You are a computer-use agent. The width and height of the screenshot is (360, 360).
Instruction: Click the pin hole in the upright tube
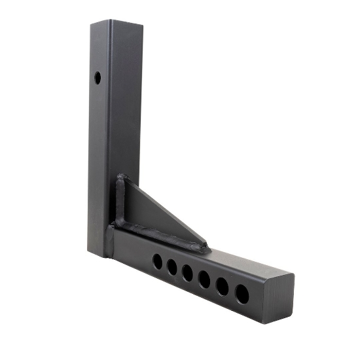(x=98, y=77)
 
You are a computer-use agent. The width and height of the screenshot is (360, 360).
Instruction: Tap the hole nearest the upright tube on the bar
(x=158, y=261)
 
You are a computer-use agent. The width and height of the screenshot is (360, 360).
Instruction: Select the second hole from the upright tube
(x=173, y=267)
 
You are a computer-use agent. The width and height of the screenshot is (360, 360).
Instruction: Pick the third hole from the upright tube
(x=188, y=273)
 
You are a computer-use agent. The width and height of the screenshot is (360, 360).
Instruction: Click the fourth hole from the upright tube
(x=204, y=279)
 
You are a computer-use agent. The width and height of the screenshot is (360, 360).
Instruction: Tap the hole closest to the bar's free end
(x=242, y=293)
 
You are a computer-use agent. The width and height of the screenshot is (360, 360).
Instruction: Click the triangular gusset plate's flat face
(x=147, y=209)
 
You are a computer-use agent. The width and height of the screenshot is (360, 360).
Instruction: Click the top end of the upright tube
(x=117, y=24)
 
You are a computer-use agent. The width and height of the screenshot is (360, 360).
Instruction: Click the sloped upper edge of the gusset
(x=167, y=211)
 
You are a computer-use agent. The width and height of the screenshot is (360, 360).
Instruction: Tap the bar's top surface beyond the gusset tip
(x=242, y=259)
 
